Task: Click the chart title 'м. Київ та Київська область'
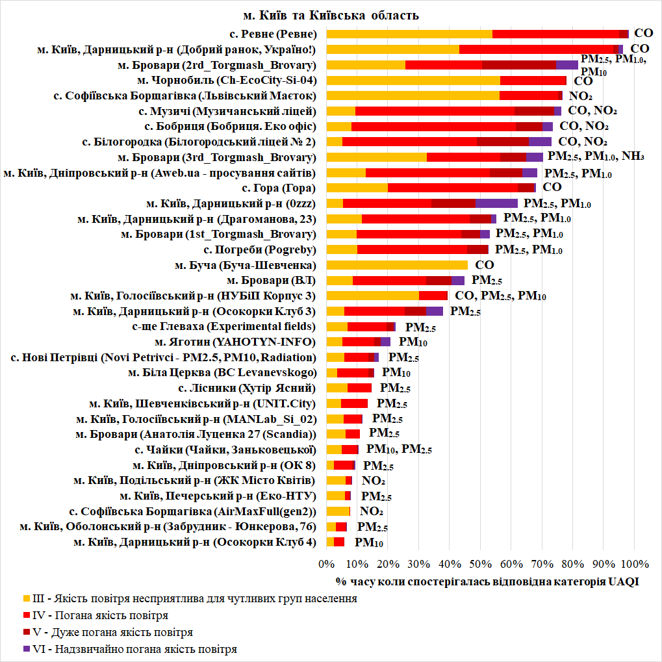tap(331, 15)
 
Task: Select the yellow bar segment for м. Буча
tap(396, 265)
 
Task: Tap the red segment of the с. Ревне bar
tap(552, 34)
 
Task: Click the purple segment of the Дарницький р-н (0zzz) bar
tap(496, 203)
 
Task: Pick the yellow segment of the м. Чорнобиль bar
tap(413, 81)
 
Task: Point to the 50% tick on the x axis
tap(480, 563)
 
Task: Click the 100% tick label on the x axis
tap(635, 563)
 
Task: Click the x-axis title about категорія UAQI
tap(487, 581)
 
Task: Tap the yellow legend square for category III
tap(26, 598)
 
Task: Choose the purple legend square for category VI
tap(26, 649)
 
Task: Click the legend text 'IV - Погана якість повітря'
tap(101, 615)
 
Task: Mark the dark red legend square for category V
tap(26, 632)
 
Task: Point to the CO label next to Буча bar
tap(485, 265)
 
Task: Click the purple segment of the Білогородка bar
tap(540, 142)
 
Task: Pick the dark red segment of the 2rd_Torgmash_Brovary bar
tap(519, 64)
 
